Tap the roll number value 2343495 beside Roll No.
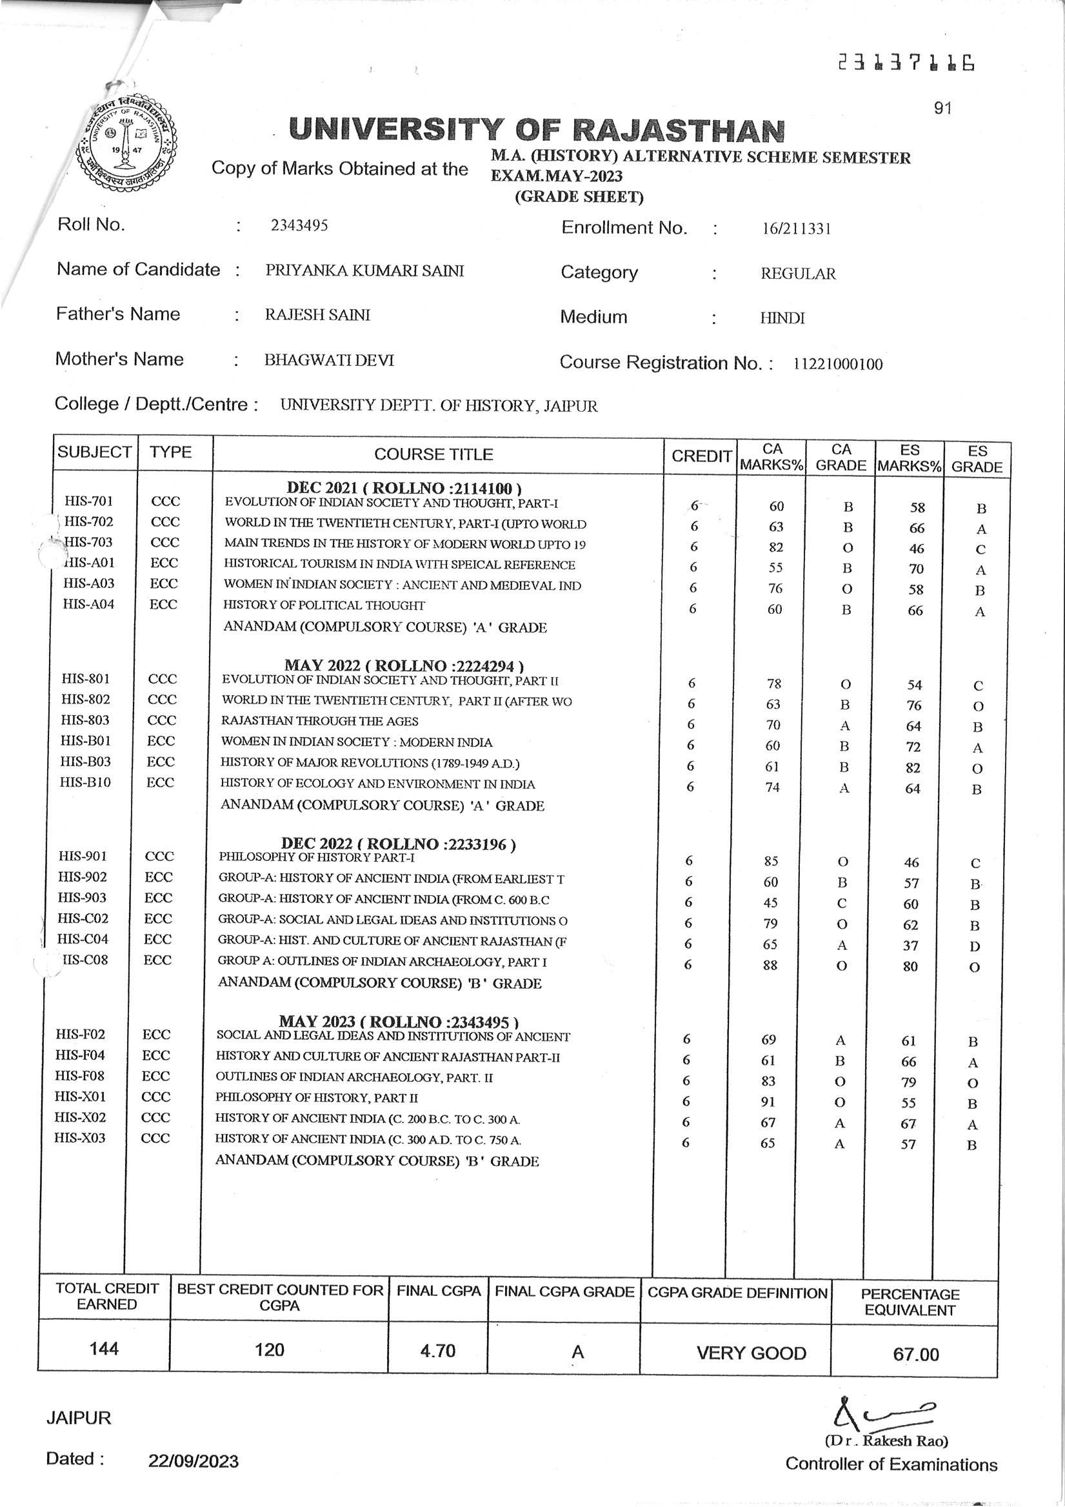coord(299,226)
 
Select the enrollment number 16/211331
coord(796,229)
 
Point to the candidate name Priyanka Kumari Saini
coord(364,270)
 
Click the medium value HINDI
coord(782,318)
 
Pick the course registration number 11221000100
coord(837,364)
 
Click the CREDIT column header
coord(701,456)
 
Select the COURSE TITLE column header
coord(433,454)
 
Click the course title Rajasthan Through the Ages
coord(319,721)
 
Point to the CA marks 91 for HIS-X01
coord(768,1102)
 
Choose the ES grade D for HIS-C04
coord(975,946)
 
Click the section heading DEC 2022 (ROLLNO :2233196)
coord(398,844)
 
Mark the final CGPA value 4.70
coord(438,1350)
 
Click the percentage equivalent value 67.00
coord(915,1354)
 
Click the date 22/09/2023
coord(194,1461)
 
